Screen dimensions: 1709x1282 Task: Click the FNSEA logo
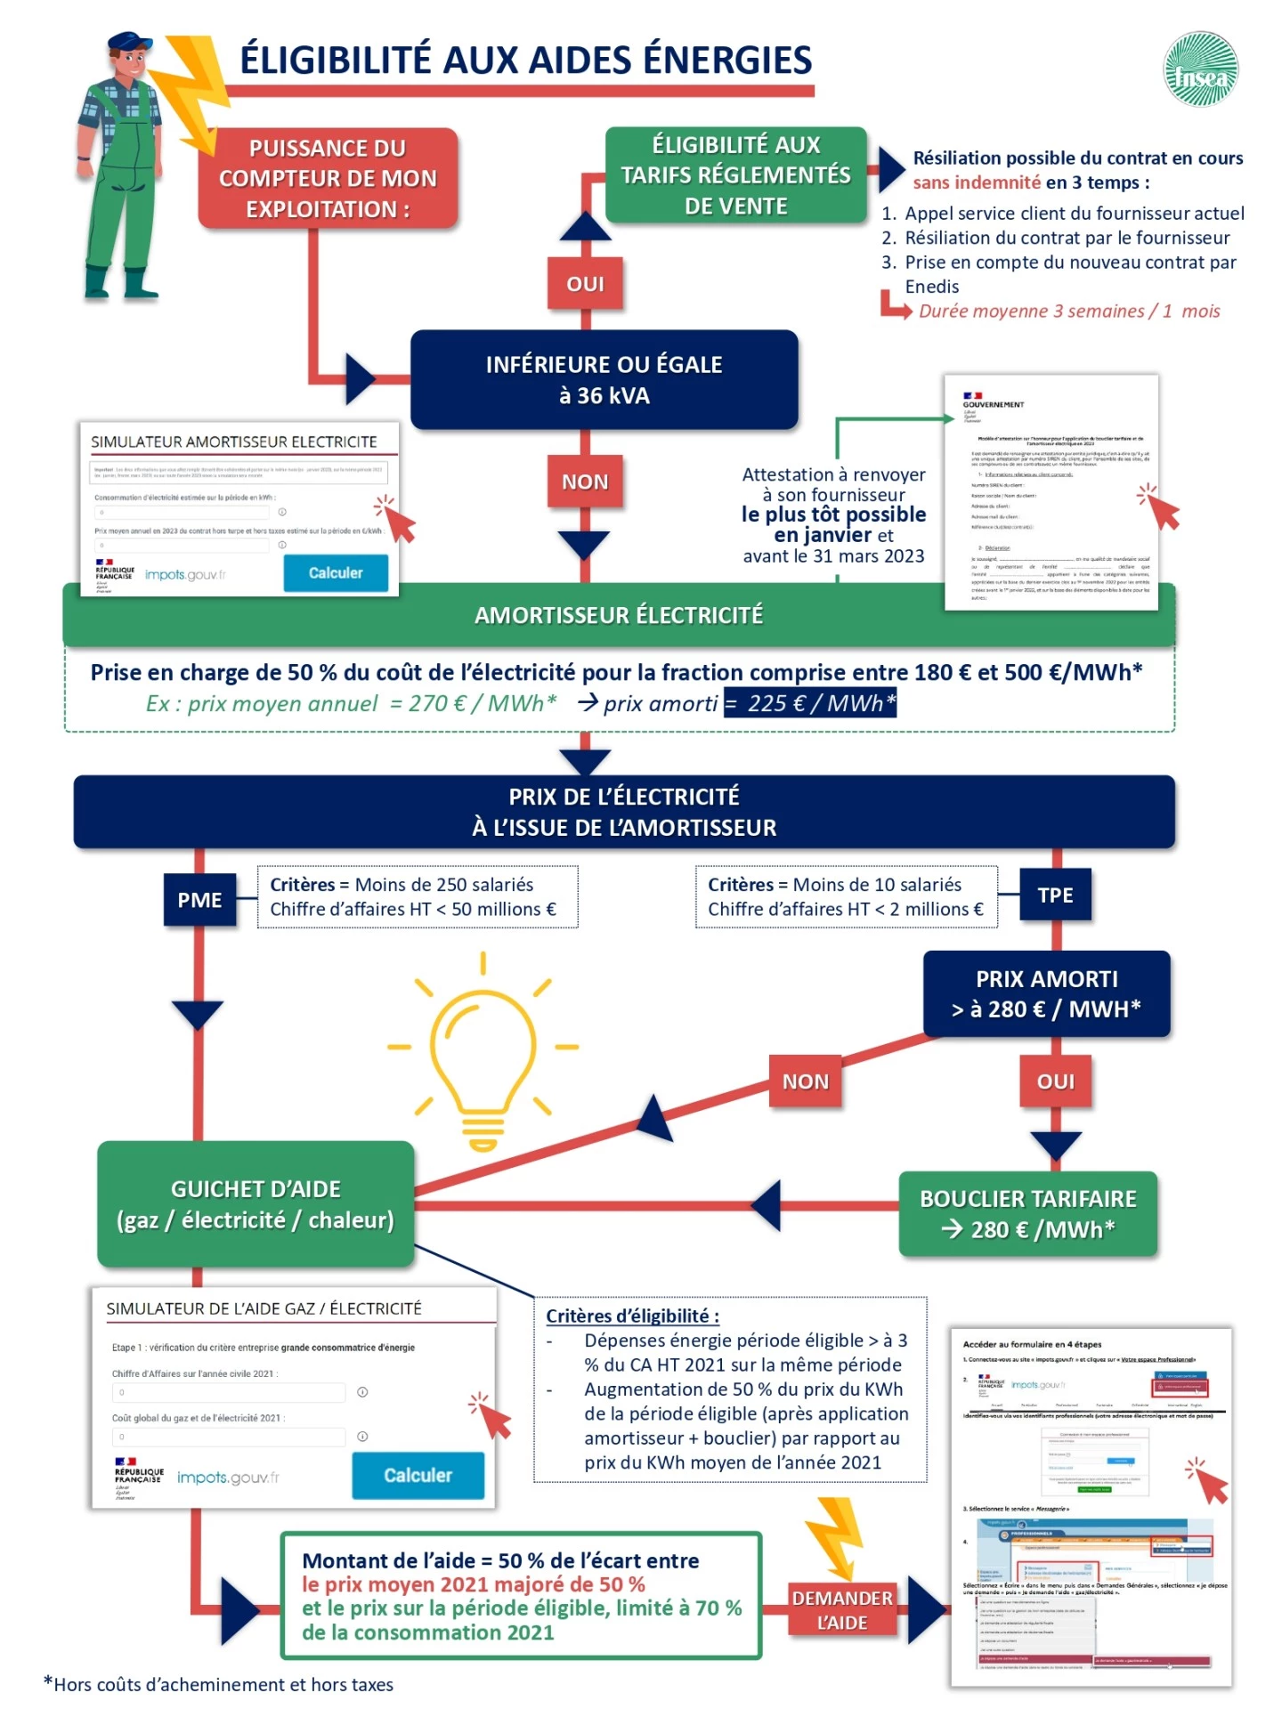coord(1201,69)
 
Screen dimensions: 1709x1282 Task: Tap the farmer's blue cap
coord(130,44)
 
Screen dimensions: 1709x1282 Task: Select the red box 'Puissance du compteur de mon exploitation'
coord(328,178)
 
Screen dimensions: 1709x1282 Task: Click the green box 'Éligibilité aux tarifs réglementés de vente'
coord(735,174)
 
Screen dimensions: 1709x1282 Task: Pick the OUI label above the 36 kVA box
coord(585,284)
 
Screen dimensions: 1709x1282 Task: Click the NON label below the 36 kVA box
coord(585,482)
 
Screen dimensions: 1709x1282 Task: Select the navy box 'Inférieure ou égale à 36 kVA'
coord(604,380)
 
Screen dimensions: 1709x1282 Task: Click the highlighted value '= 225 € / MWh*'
coord(810,703)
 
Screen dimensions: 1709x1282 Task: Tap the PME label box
coord(199,900)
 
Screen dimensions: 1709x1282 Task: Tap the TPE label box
coord(1055,895)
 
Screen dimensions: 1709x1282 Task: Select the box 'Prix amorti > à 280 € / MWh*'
coord(1046,993)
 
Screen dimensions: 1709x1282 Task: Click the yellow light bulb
coord(483,1050)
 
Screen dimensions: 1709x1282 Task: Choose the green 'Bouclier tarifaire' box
coord(1028,1214)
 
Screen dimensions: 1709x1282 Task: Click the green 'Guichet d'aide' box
coord(256,1204)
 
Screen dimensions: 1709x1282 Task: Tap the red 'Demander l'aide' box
coord(842,1610)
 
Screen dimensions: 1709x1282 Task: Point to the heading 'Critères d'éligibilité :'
coord(632,1316)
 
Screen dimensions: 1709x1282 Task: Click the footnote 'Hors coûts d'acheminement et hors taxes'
coord(223,1684)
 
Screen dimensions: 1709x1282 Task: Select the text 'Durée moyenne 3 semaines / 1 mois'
coord(1068,311)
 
